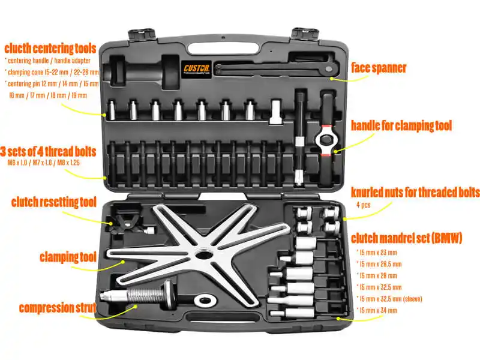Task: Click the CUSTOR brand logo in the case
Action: point(197,68)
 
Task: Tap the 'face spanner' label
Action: point(379,68)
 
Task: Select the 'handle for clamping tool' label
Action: point(401,125)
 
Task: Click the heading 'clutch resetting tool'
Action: point(54,202)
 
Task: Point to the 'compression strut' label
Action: point(58,308)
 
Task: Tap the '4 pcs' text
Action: point(364,205)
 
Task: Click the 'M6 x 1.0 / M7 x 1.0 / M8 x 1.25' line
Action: point(44,163)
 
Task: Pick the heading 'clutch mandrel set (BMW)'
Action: point(407,238)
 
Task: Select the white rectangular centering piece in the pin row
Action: point(275,112)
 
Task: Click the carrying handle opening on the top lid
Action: point(223,49)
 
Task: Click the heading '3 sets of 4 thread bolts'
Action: point(48,152)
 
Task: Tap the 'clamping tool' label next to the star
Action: point(68,257)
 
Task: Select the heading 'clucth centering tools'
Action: point(50,49)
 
